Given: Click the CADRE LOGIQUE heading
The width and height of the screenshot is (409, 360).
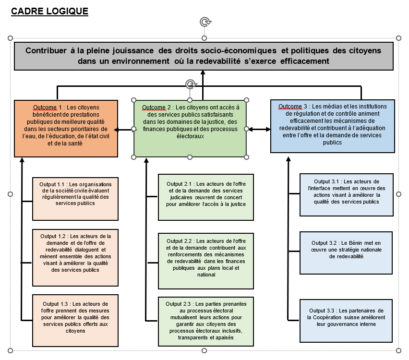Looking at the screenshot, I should [x=49, y=11].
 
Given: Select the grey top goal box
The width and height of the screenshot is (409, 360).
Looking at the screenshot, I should [x=204, y=56].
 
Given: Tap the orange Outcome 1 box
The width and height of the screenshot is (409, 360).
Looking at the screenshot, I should [x=66, y=128].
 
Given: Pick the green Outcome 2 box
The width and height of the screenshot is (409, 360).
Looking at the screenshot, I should [x=190, y=128].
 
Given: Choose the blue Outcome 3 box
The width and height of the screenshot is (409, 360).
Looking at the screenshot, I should [x=333, y=126].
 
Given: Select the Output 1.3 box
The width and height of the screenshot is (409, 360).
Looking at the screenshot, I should [x=75, y=320].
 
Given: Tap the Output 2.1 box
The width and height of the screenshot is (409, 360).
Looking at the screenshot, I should [x=206, y=197].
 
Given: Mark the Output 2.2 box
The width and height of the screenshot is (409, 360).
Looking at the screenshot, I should [x=206, y=261].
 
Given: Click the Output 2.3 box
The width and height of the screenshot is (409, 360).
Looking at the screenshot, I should [x=206, y=321].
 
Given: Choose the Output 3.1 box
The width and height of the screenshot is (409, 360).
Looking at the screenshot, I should [x=346, y=194].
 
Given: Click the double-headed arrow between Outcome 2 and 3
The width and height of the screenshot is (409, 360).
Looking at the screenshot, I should [x=258, y=129].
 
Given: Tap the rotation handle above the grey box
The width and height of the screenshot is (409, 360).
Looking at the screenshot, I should [x=204, y=22].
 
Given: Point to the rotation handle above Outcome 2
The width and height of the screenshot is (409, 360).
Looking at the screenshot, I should [x=191, y=84].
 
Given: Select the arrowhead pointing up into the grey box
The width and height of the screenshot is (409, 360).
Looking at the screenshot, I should [x=203, y=72].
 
